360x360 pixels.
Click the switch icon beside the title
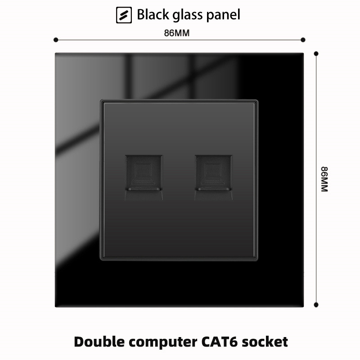(x=124, y=15)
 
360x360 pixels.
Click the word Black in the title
(x=153, y=14)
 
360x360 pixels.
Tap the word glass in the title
(x=188, y=15)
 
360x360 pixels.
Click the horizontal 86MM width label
(x=177, y=33)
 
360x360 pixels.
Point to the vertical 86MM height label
(x=324, y=179)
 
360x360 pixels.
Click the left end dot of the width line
(x=56, y=40)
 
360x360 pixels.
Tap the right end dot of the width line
(x=303, y=40)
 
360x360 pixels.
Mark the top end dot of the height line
(x=316, y=54)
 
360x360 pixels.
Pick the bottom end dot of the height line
(x=316, y=305)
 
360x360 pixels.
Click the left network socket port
(x=144, y=177)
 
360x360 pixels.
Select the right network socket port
(x=214, y=177)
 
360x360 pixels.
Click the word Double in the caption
(x=99, y=342)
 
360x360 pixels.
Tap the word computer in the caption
(x=163, y=342)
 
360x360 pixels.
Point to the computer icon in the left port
(x=143, y=173)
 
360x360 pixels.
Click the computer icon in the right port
(x=212, y=173)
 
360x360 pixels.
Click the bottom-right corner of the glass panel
(x=303, y=307)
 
